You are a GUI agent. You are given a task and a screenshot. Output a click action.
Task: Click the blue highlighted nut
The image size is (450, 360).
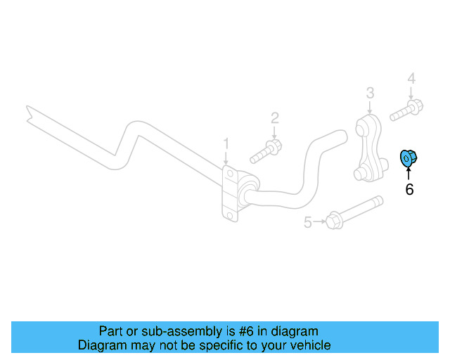tap(407, 160)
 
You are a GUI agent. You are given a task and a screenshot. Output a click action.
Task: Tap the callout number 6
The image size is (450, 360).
tap(409, 189)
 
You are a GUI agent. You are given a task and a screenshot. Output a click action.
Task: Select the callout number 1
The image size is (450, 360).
tap(226, 143)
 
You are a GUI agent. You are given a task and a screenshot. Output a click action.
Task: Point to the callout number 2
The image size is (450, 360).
tap(275, 117)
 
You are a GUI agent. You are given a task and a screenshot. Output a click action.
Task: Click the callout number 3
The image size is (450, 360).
tap(370, 92)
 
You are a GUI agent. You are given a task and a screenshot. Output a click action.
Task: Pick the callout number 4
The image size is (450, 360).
tap(411, 78)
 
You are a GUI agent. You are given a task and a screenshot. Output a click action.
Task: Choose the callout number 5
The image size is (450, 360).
tap(307, 223)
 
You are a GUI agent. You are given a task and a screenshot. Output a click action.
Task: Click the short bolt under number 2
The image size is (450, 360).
tap(266, 150)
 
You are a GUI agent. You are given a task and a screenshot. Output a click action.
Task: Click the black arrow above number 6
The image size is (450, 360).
tap(409, 174)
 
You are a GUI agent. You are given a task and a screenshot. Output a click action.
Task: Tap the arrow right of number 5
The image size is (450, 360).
tap(319, 222)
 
